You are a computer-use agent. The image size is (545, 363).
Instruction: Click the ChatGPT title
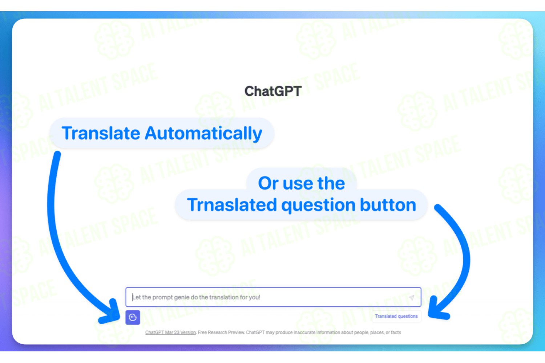(x=273, y=91)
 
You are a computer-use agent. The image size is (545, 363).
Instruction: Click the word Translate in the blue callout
(x=101, y=133)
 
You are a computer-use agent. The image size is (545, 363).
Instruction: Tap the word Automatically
(x=203, y=134)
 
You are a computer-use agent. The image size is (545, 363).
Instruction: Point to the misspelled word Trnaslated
(x=232, y=204)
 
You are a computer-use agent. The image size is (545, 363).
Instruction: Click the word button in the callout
(x=388, y=204)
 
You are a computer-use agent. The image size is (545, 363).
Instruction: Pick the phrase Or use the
(x=302, y=183)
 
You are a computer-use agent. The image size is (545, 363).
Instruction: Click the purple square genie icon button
(x=133, y=317)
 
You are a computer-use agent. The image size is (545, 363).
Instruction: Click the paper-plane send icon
(x=411, y=297)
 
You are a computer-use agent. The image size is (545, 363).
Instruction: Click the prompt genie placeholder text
(x=196, y=297)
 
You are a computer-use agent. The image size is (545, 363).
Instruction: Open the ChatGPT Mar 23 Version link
(x=170, y=333)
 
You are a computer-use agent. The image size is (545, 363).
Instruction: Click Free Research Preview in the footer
(x=221, y=333)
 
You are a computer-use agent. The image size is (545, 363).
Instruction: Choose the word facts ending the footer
(x=396, y=333)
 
